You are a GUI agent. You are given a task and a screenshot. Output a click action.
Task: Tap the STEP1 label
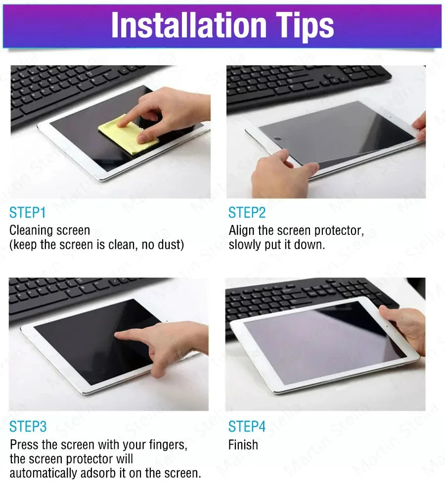[27, 213]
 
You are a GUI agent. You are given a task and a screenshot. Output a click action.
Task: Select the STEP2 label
[247, 213]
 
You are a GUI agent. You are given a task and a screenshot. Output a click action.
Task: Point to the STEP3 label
[28, 427]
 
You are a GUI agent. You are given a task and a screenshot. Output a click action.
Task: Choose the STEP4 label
[247, 427]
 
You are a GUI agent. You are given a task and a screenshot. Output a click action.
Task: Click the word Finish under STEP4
[243, 445]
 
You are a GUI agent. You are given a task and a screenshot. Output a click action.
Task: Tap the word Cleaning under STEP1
[31, 230]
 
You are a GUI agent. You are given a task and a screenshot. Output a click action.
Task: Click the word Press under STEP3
[23, 445]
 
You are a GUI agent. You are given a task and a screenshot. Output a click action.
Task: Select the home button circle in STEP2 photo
[278, 139]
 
